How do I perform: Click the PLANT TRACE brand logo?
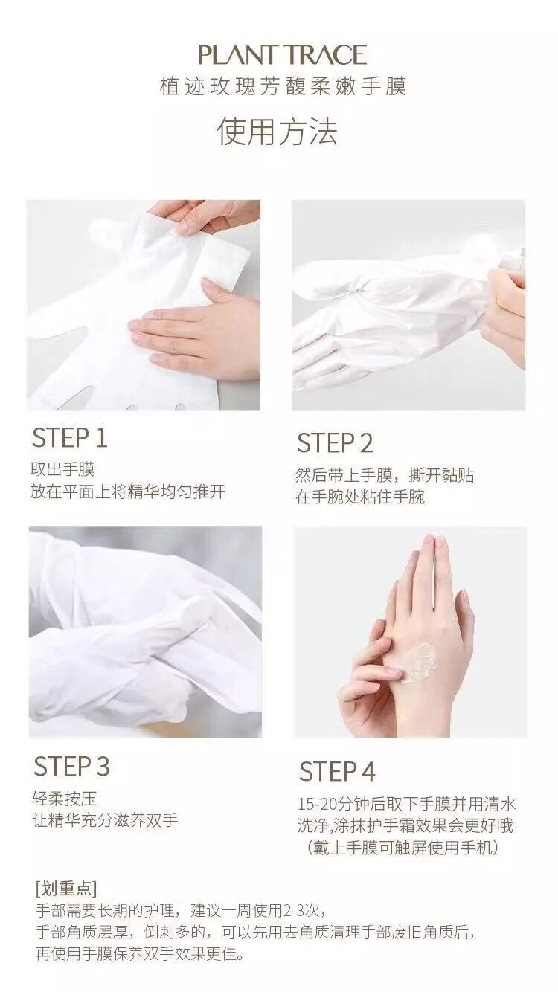pyautogui.click(x=282, y=55)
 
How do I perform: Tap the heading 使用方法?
pyautogui.click(x=278, y=132)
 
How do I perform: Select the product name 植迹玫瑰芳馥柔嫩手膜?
pyautogui.click(x=283, y=86)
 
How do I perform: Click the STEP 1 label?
pyautogui.click(x=70, y=438)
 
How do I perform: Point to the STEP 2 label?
pyautogui.click(x=335, y=443)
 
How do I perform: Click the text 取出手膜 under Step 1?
pyautogui.click(x=62, y=469)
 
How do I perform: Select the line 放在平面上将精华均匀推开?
pyautogui.click(x=128, y=491)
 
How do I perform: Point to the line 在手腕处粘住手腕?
pyautogui.click(x=360, y=497)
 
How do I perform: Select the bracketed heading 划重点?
pyautogui.click(x=66, y=887)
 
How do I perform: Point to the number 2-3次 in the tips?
pyautogui.click(x=306, y=910)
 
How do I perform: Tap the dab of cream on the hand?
pyautogui.click(x=417, y=663)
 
